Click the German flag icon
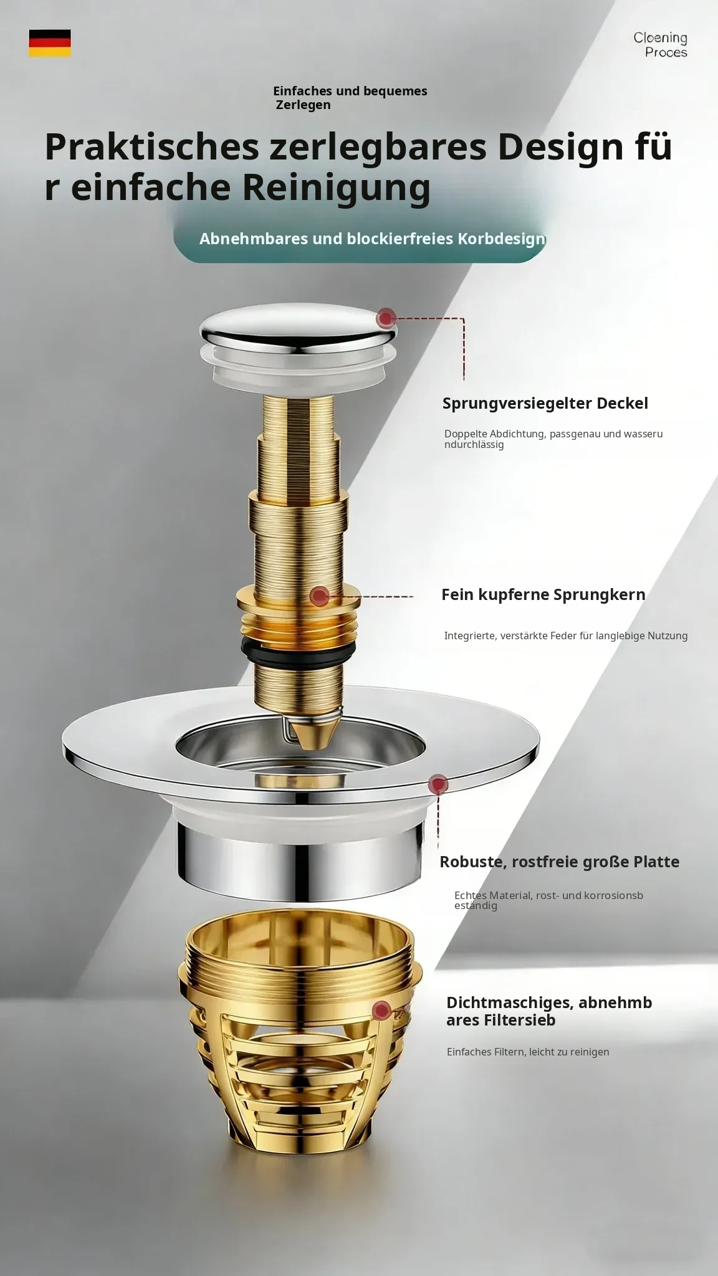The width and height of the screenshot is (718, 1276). [x=50, y=43]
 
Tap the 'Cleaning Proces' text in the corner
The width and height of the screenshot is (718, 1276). [x=661, y=45]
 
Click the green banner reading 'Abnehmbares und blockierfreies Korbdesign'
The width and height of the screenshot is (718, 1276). [x=360, y=239]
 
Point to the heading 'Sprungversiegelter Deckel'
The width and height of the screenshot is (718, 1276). [x=545, y=403]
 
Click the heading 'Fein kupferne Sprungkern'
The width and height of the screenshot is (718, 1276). [x=543, y=594]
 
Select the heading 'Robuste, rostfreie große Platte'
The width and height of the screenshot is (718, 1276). [x=560, y=862]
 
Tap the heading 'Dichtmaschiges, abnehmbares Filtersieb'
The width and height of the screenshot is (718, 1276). [x=549, y=1011]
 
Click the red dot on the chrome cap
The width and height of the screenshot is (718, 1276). [x=386, y=318]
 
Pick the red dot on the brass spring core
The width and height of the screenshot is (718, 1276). [x=320, y=596]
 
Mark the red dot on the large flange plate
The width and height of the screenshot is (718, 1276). [x=439, y=784]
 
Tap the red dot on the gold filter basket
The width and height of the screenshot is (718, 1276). [x=381, y=1010]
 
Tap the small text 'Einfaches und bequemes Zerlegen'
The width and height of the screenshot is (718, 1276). [x=350, y=98]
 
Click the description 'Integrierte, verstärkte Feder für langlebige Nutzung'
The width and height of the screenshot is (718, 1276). [x=566, y=636]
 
